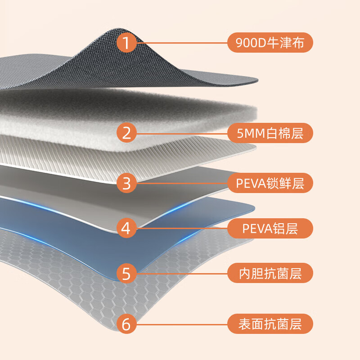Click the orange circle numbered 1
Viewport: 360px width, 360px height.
coord(126,43)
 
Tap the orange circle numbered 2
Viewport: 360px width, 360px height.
coord(126,133)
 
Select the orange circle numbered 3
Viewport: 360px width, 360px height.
coord(126,184)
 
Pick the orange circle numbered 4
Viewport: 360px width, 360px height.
coord(126,229)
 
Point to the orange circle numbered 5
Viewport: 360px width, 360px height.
coord(126,274)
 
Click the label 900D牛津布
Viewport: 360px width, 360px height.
coord(270,43)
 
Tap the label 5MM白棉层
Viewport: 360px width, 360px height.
coord(270,133)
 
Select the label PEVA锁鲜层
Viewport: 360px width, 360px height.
coord(270,184)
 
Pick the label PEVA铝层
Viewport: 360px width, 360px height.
coord(270,229)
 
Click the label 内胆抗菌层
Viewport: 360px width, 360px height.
coord(270,274)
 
